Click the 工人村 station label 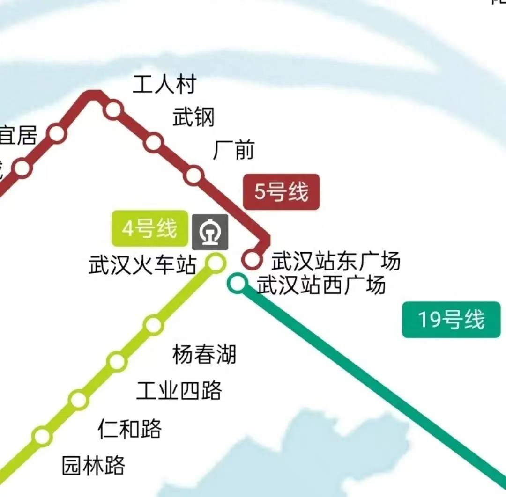(164, 85)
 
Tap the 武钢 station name (193, 117)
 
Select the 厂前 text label (233, 150)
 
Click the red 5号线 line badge (281, 192)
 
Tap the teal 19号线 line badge (451, 320)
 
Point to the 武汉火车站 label (142, 265)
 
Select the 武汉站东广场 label (336, 261)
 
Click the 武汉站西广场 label (321, 285)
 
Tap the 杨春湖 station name (204, 354)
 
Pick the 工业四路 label (179, 390)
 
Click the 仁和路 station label (130, 428)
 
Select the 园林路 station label (94, 465)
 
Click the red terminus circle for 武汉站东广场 (252, 259)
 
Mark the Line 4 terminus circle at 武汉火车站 (216, 263)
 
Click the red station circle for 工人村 (113, 110)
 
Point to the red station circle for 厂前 (193, 175)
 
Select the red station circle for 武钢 (154, 142)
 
